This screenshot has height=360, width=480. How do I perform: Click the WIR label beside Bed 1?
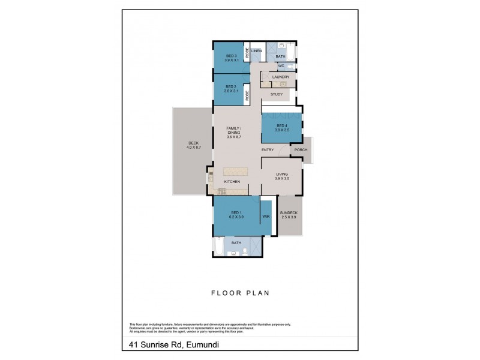[x=266, y=216]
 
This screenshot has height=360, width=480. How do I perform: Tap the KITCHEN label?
[x=232, y=182]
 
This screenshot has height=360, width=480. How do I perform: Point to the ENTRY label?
[x=268, y=150]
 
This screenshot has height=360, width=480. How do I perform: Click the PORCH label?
[x=299, y=150]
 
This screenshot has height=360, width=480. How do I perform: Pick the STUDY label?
[x=277, y=94]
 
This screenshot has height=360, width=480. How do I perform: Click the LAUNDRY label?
[x=280, y=77]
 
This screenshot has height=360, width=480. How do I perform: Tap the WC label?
[x=280, y=66]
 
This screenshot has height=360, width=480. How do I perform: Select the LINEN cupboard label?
[x=257, y=51]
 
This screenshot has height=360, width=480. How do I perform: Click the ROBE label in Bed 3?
[x=247, y=52]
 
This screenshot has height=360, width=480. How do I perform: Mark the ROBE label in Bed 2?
[x=247, y=95]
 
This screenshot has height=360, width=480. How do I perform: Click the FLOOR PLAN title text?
[x=239, y=293]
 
